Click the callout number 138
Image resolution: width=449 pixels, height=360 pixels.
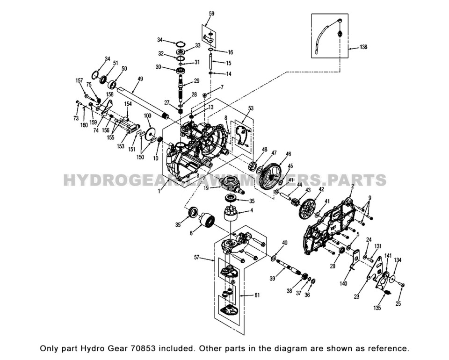point(364,47)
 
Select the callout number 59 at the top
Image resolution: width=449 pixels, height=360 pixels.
point(211,14)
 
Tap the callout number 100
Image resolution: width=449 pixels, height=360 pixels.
point(147,115)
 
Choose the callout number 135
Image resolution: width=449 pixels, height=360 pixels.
point(377,308)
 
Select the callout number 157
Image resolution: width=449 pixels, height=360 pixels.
point(80,80)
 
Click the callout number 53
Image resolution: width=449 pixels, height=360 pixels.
point(251,108)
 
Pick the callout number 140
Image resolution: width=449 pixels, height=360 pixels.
point(344,283)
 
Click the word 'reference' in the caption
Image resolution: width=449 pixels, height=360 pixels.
point(389,348)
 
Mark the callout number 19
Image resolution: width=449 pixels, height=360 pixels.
point(206,187)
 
